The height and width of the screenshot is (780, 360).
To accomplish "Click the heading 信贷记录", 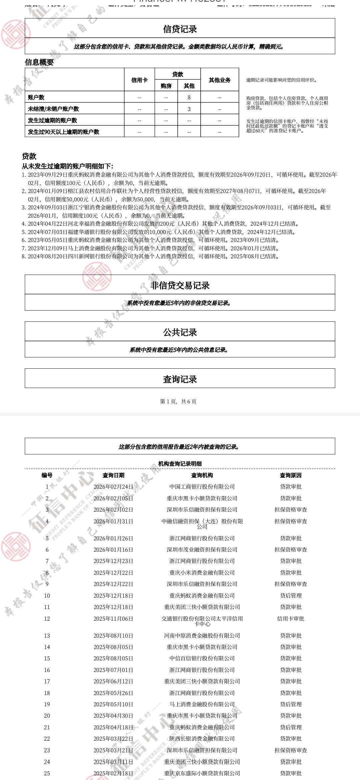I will (x=180, y=29).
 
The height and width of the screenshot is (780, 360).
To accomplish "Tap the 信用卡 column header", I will (x=139, y=80).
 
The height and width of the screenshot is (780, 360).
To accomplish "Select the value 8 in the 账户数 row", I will (x=189, y=97).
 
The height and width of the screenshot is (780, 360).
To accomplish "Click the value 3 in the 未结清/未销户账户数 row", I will (x=189, y=109).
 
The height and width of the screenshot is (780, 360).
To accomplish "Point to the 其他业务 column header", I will (x=220, y=80).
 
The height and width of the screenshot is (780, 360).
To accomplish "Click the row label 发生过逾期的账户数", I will (x=52, y=120).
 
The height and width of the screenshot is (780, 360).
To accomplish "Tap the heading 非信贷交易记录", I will (x=180, y=285).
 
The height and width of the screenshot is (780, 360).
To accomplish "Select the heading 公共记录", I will (x=180, y=332).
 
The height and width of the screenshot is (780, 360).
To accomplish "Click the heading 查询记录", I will (x=180, y=379).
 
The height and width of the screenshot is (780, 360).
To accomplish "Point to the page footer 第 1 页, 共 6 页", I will (x=178, y=401).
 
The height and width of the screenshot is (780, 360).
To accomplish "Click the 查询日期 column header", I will (x=113, y=475).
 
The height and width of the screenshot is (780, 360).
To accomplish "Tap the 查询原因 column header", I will (x=291, y=475).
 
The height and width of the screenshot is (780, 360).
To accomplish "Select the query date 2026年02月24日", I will (x=113, y=487).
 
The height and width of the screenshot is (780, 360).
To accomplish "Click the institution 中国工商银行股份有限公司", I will (x=202, y=487).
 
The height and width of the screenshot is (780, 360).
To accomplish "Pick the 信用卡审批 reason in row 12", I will (x=291, y=619).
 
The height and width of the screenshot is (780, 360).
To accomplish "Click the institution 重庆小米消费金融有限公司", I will (x=202, y=573).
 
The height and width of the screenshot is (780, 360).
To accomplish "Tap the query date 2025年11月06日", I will (x=113, y=619).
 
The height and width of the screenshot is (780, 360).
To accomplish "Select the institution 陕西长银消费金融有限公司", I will (x=202, y=739).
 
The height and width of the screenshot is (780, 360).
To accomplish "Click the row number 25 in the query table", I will (x=47, y=773).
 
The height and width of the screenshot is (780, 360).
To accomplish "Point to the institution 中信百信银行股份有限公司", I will (x=202, y=658).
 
